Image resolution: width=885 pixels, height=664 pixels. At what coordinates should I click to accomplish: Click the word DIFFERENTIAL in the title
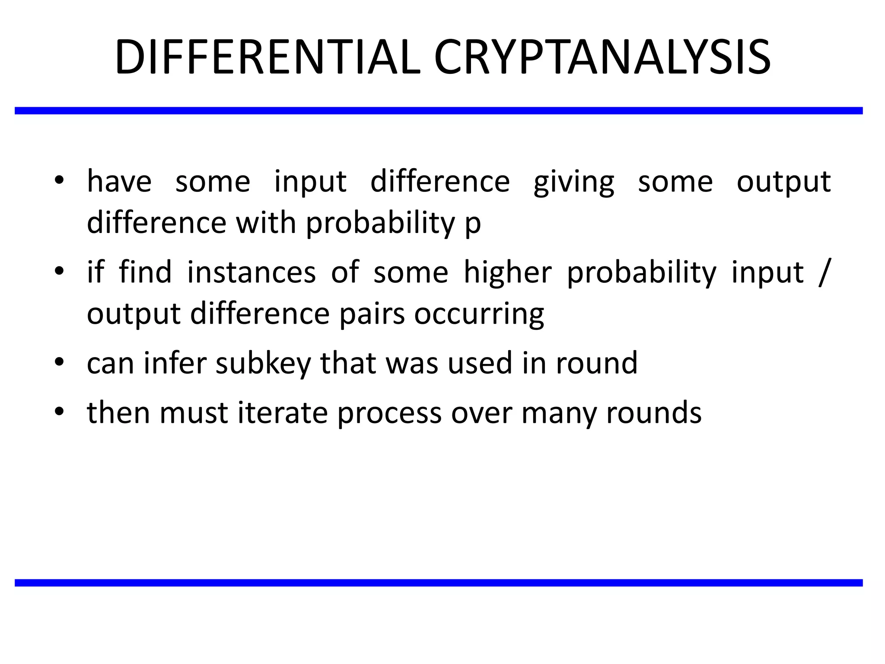click(267, 57)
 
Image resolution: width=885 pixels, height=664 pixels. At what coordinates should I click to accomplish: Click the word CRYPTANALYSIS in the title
click(602, 57)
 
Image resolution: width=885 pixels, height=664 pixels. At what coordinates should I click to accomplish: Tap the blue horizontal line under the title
click(439, 111)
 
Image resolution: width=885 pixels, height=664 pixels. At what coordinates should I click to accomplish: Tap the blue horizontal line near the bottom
click(439, 583)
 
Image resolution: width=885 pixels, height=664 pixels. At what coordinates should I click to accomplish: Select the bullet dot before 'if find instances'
click(59, 271)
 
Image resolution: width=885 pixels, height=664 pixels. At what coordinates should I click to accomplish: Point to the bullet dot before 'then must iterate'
click(59, 411)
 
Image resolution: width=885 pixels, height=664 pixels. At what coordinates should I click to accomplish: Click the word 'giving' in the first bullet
click(573, 182)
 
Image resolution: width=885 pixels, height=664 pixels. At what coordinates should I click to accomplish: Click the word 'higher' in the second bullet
click(507, 272)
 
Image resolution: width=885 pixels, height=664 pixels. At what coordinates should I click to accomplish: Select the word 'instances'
click(251, 272)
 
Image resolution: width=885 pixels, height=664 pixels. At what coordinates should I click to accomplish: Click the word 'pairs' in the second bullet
click(372, 314)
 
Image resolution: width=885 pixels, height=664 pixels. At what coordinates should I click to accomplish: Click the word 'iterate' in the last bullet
click(283, 412)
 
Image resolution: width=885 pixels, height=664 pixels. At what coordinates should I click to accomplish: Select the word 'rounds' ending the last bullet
click(654, 412)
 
